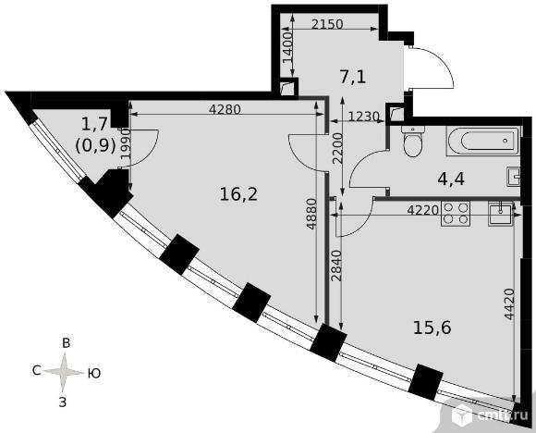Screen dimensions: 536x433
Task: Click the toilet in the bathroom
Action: pyautogui.click(x=414, y=141)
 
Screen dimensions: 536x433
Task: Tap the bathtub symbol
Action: pyautogui.click(x=483, y=141)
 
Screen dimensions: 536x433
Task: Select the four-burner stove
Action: pyautogui.click(x=456, y=214)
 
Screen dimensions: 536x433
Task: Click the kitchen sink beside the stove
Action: pyautogui.click(x=501, y=213)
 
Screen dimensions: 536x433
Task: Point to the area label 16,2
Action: pyautogui.click(x=238, y=194)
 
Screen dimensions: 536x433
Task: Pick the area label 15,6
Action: pyautogui.click(x=432, y=328)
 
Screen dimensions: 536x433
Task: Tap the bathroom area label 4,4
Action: pyautogui.click(x=451, y=179)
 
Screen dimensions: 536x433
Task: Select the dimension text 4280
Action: pyautogui.click(x=225, y=109)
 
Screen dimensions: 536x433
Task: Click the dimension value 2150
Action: pyautogui.click(x=327, y=24)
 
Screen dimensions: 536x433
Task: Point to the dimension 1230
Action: pyautogui.click(x=364, y=117)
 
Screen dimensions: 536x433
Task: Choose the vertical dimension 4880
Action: pyautogui.click(x=311, y=214)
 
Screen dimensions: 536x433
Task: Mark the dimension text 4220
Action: pyautogui.click(x=423, y=210)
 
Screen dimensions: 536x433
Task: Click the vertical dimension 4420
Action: pyautogui.click(x=509, y=304)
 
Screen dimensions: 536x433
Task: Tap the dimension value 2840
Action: pyautogui.click(x=336, y=266)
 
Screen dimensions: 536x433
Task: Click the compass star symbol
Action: pyautogui.click(x=64, y=372)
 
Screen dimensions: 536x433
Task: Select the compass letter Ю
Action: pyautogui.click(x=94, y=373)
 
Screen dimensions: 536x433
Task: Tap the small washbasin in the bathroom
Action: pyautogui.click(x=514, y=177)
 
